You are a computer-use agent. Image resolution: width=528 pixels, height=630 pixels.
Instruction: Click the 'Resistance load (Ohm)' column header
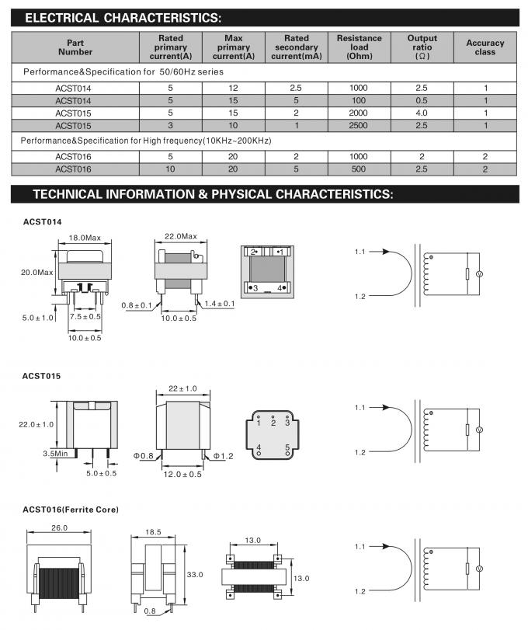pos(359,47)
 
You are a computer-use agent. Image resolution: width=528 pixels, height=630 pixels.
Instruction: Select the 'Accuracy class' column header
pos(485,47)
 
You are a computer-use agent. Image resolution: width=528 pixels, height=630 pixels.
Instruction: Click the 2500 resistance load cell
pos(359,125)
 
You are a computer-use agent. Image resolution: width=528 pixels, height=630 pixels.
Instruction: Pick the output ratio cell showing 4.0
pos(422,113)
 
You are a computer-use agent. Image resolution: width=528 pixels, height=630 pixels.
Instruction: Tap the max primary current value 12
pos(233,88)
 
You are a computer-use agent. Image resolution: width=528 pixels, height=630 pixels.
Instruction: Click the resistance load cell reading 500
pos(359,169)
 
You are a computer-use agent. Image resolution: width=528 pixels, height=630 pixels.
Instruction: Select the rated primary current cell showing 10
pos(171,169)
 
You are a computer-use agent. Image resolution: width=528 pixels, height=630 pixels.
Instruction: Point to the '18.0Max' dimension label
pos(85,237)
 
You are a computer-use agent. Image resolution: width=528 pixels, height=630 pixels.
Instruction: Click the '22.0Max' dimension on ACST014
pos(180,236)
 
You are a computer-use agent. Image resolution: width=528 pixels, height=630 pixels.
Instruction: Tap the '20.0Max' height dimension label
pos(36,272)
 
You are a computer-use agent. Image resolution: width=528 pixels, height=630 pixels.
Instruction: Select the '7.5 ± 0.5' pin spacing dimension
pos(85,317)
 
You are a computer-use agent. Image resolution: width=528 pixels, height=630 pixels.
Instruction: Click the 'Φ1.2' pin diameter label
pos(224,455)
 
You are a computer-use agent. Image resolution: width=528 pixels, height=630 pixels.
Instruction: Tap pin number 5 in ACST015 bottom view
pos(287,447)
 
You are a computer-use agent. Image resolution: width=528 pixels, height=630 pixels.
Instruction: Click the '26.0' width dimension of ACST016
pos(59,527)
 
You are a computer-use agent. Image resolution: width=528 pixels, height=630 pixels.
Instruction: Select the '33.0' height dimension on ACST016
pos(195,574)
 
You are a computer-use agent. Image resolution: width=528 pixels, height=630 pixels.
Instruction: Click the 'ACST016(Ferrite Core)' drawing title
pos(71,510)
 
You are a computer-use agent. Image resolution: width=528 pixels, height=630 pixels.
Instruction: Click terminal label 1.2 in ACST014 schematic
pos(360,297)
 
